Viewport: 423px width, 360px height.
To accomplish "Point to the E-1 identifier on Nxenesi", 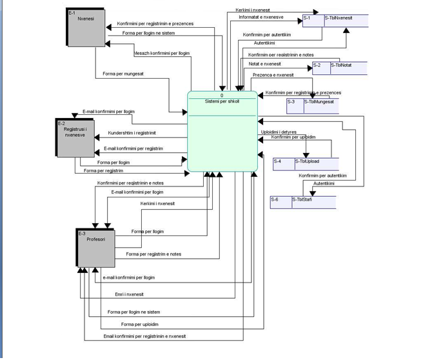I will [x=72, y=12].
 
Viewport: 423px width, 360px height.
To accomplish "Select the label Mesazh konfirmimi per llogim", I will [x=161, y=53].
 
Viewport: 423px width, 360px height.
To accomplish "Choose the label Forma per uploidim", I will [x=139, y=324].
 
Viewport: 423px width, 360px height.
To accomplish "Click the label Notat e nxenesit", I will [x=264, y=64].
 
